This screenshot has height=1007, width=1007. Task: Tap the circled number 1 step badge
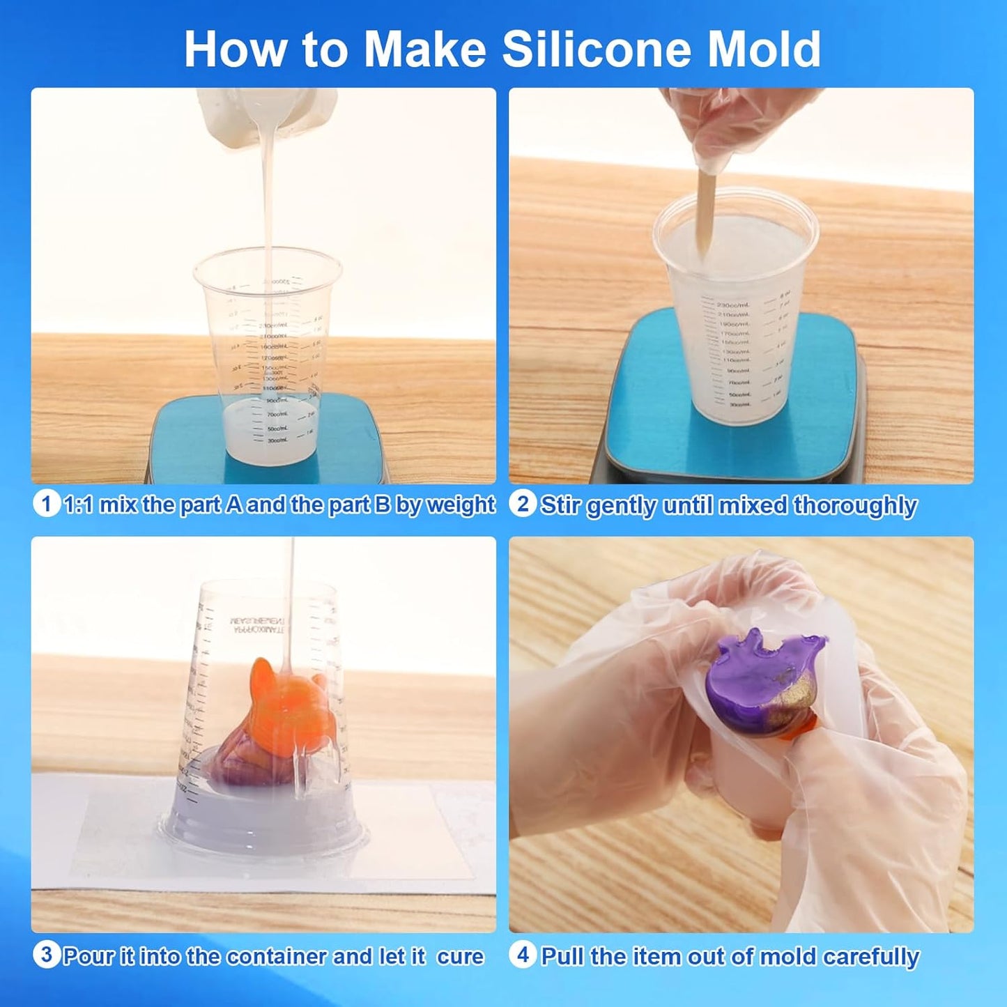click(46, 503)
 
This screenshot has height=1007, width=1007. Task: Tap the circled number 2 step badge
click(523, 503)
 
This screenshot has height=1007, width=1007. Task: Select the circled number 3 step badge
click(46, 955)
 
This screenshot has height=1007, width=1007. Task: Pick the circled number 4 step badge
click(523, 955)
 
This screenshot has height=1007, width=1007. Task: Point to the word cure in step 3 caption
click(460, 956)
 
